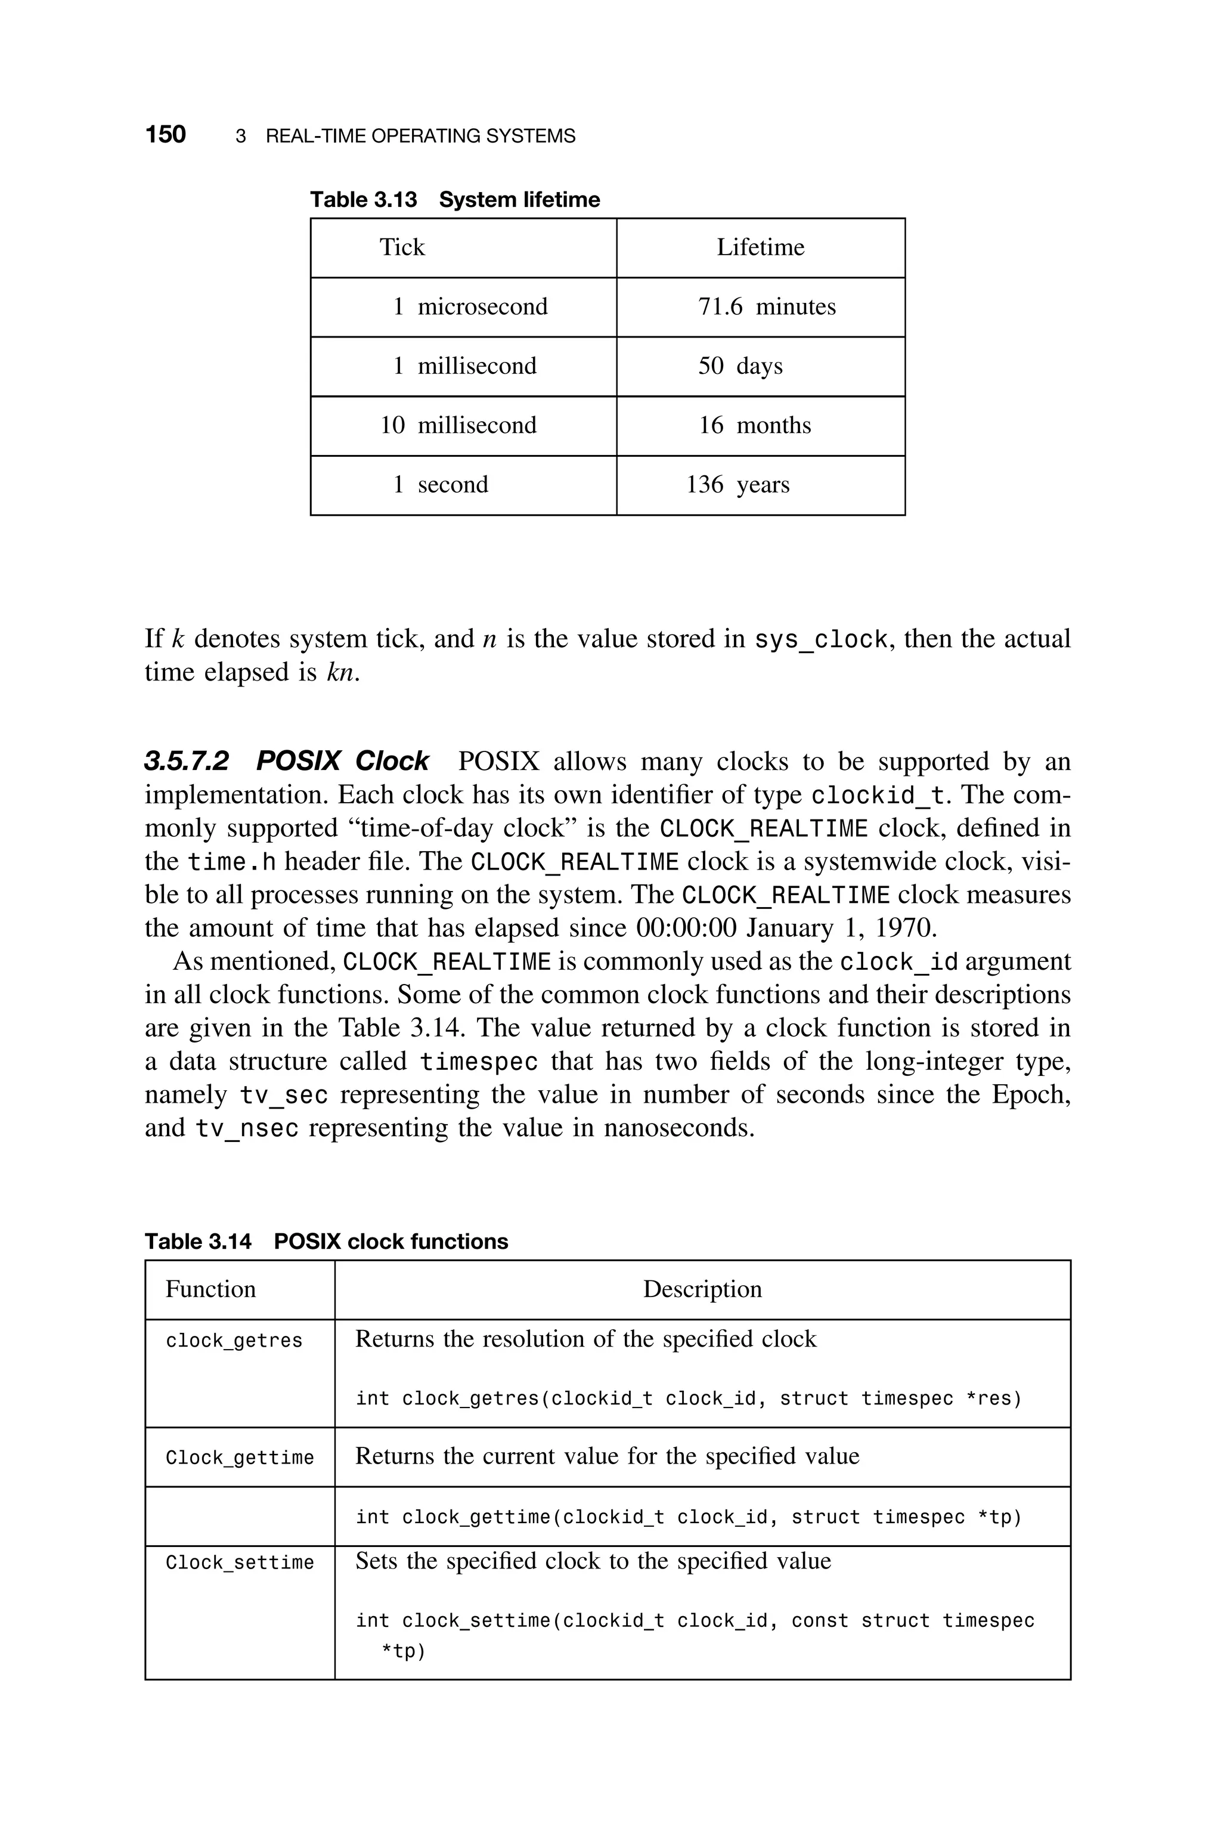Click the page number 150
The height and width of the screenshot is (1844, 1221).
click(x=165, y=135)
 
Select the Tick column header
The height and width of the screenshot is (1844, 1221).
click(x=402, y=247)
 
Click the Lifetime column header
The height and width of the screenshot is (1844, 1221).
click(x=760, y=247)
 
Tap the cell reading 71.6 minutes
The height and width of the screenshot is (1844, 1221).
click(x=766, y=307)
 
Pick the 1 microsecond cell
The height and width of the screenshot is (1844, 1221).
click(x=470, y=307)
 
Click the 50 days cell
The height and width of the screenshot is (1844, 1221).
click(x=740, y=366)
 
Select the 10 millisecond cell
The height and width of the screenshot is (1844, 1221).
click(x=458, y=425)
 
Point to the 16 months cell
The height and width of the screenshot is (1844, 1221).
click(x=754, y=425)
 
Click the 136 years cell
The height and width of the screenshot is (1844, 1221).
click(x=737, y=484)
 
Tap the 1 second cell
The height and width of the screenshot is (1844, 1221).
click(x=441, y=484)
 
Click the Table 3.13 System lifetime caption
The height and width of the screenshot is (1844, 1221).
click(x=455, y=200)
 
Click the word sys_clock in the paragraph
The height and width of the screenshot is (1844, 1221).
click(x=822, y=639)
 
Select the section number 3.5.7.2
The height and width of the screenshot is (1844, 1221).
click(x=187, y=761)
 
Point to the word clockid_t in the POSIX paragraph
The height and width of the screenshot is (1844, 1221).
click(x=878, y=796)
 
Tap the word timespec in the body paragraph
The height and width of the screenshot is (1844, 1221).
click(x=479, y=1062)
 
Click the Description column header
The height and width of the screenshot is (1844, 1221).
click(x=702, y=1289)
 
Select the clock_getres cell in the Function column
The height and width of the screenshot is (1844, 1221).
click(x=234, y=1340)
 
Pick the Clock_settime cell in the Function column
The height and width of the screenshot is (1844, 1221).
click(x=240, y=1563)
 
